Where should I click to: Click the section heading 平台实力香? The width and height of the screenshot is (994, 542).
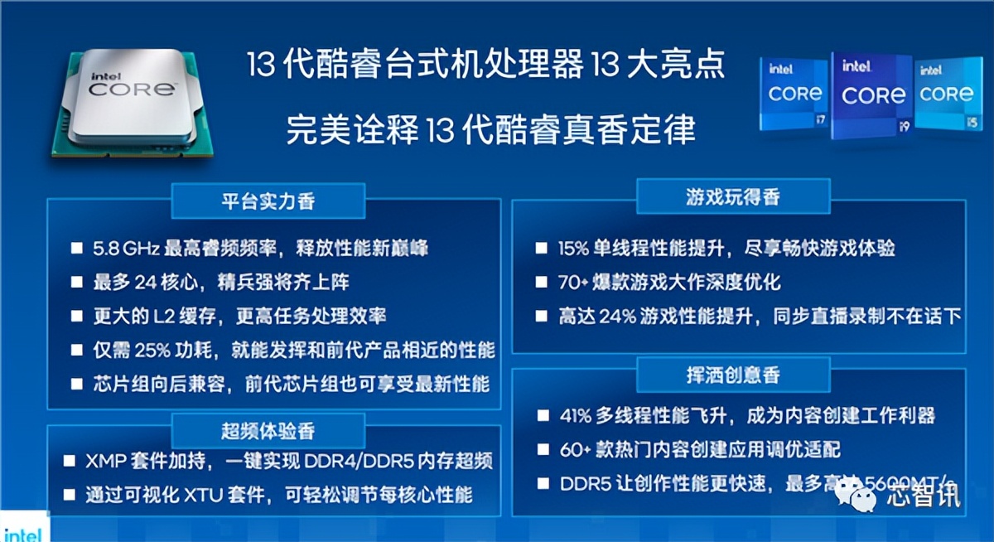268,201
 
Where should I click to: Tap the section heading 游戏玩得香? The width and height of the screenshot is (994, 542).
732,197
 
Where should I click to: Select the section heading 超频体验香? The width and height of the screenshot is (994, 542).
268,431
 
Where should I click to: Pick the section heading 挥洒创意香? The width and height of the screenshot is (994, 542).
732,375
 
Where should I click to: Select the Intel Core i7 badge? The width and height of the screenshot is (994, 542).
794,95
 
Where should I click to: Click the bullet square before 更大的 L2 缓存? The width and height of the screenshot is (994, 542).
76,316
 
